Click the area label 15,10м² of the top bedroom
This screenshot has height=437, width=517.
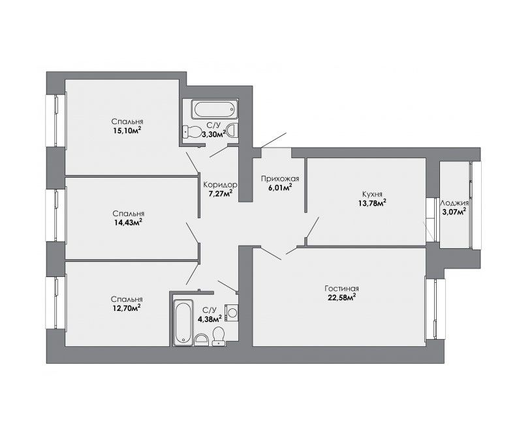tap(127, 131)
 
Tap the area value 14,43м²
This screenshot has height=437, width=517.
tap(128, 222)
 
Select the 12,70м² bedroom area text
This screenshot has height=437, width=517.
tap(127, 308)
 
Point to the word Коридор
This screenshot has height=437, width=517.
tap(220, 184)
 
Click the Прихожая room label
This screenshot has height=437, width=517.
tap(280, 179)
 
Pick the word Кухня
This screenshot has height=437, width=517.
tap(372, 194)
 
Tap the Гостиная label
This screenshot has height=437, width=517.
tap(341, 289)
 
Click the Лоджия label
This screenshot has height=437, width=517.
tap(454, 203)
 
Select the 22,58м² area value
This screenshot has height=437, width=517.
tap(341, 297)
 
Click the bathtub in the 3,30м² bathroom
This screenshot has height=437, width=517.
tap(215, 110)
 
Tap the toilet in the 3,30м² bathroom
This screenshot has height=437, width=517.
tap(192, 132)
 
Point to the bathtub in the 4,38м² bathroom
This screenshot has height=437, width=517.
tap(183, 323)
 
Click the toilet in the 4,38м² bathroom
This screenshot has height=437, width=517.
tap(218, 336)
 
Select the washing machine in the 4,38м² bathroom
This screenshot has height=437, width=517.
tap(232, 312)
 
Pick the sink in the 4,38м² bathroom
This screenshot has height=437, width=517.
tap(202, 340)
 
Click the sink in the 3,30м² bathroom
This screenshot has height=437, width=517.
tap(233, 129)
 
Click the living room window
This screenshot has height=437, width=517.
tap(435, 309)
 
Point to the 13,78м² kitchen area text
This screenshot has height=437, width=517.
tap(372, 203)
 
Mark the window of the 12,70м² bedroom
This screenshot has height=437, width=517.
tap(56, 302)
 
